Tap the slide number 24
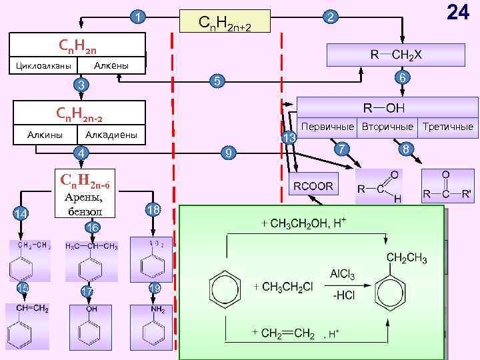(457, 13)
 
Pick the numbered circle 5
(216, 82)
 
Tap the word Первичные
(327, 126)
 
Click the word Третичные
(448, 126)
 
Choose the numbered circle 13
(289, 138)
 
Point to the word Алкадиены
(111, 135)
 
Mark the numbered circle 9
(229, 154)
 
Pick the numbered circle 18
(153, 210)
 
